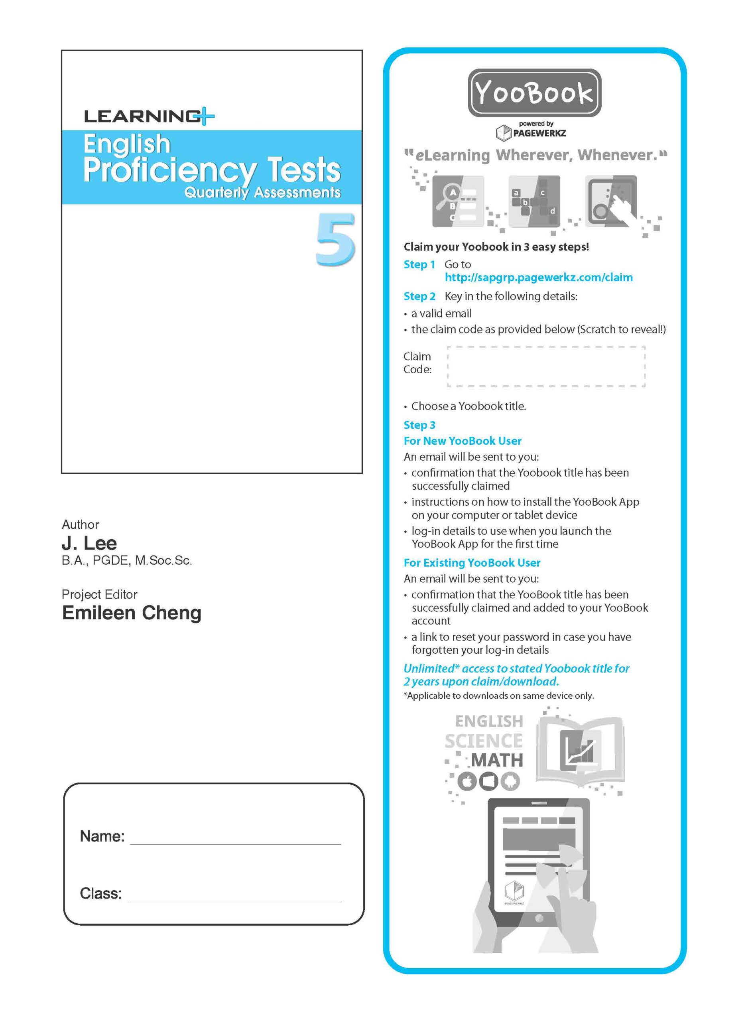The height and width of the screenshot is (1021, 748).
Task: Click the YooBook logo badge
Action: tap(534, 93)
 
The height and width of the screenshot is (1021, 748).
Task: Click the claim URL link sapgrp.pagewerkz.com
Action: tap(538, 277)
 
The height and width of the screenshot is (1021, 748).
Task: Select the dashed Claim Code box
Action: tap(546, 366)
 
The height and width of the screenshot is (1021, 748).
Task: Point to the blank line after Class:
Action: tap(234, 896)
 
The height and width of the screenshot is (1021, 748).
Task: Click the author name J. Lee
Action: tap(89, 543)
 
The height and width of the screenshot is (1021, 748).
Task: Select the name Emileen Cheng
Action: tap(132, 613)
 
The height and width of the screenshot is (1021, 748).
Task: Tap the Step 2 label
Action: tap(419, 296)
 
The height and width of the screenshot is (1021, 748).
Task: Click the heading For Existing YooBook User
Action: tap(472, 562)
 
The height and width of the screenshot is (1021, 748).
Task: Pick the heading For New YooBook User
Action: tap(462, 441)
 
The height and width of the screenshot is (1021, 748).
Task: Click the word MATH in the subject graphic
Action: tap(497, 760)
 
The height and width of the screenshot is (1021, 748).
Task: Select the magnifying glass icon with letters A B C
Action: tap(457, 201)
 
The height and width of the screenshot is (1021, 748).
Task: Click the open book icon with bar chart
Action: tap(580, 751)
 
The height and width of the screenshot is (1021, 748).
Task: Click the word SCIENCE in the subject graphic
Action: tap(484, 741)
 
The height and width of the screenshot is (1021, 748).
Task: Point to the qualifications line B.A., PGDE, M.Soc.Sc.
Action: tap(127, 560)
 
